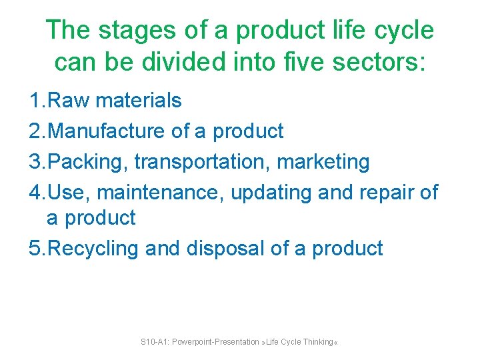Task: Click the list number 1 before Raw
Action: pos(35,101)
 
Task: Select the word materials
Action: pos(139,101)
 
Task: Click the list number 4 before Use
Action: pos(35,193)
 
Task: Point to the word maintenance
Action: pos(160,193)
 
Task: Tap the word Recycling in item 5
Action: pos(94,249)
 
